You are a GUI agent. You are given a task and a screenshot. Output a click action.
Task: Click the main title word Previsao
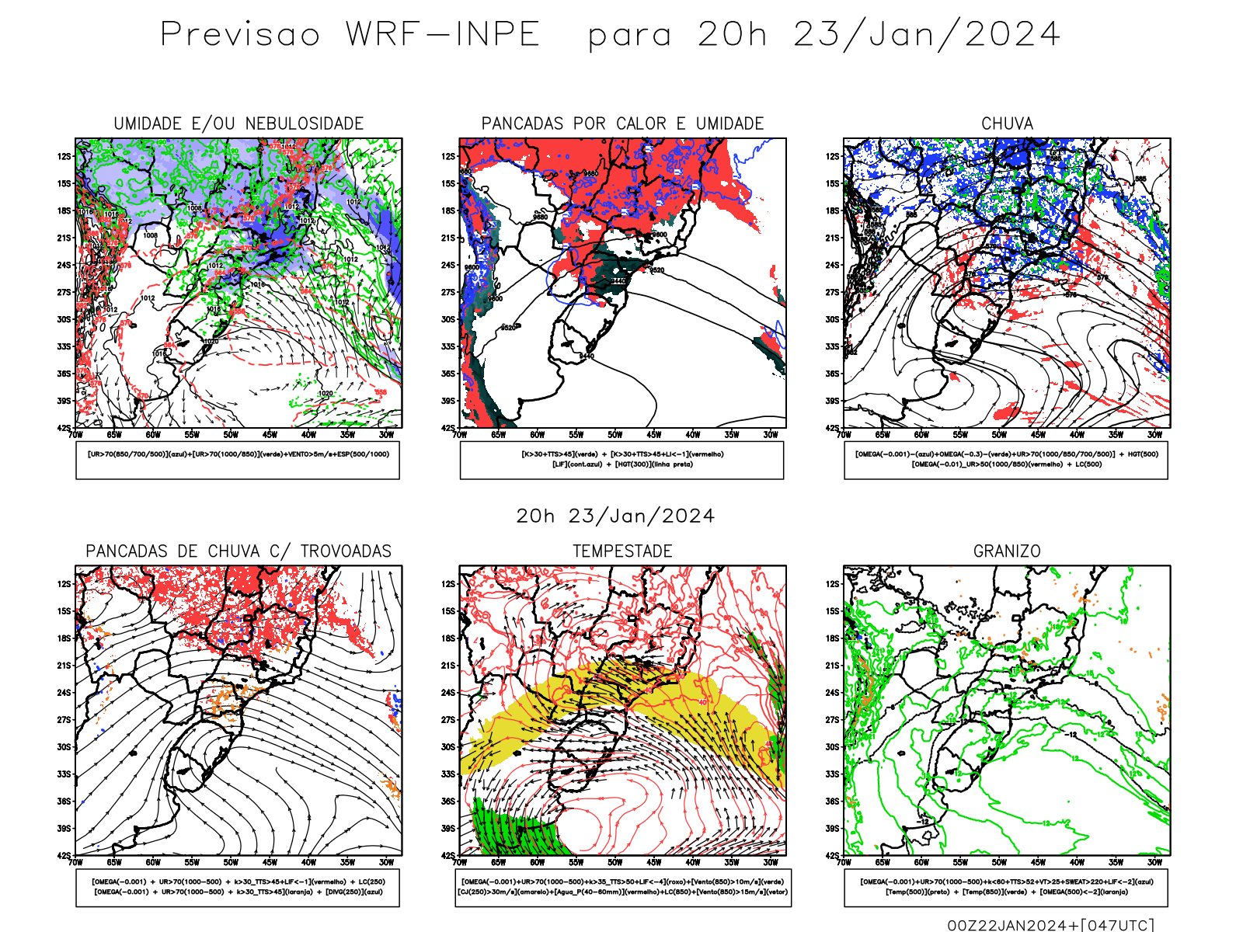[x=240, y=35]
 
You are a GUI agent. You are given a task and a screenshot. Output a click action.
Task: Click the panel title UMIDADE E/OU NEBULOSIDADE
[x=239, y=123]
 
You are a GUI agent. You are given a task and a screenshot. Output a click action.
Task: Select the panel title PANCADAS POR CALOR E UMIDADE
[x=622, y=123]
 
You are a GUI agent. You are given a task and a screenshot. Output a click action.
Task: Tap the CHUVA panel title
[x=1007, y=123]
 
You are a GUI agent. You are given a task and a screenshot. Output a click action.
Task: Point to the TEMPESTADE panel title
[x=622, y=551]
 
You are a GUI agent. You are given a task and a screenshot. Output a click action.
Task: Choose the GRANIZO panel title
[x=1007, y=551]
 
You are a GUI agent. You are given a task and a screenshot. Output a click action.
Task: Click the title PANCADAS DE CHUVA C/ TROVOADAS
[x=239, y=551]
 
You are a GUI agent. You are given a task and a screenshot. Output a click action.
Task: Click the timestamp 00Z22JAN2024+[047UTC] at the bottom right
[x=1050, y=924]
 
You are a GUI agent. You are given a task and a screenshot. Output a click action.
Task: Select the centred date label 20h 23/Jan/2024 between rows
[x=615, y=516]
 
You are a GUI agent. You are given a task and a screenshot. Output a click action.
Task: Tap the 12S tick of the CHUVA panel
[x=833, y=156]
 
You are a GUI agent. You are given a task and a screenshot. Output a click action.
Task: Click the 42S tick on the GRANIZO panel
[x=833, y=855]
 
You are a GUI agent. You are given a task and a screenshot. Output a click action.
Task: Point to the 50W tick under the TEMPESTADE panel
[x=615, y=862]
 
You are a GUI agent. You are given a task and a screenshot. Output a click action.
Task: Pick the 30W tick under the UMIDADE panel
[x=386, y=435]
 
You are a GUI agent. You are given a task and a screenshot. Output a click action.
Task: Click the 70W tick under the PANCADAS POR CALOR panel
[x=460, y=435]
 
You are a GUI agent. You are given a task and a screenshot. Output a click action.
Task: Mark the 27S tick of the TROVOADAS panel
[x=64, y=720]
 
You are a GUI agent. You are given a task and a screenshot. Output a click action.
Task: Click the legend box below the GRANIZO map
[x=1006, y=887]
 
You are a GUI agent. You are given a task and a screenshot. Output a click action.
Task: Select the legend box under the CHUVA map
[x=1006, y=460]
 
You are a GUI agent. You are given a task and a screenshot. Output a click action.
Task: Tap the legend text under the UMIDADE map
[x=238, y=454]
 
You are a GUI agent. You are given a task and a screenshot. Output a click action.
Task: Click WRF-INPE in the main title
[x=443, y=35]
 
